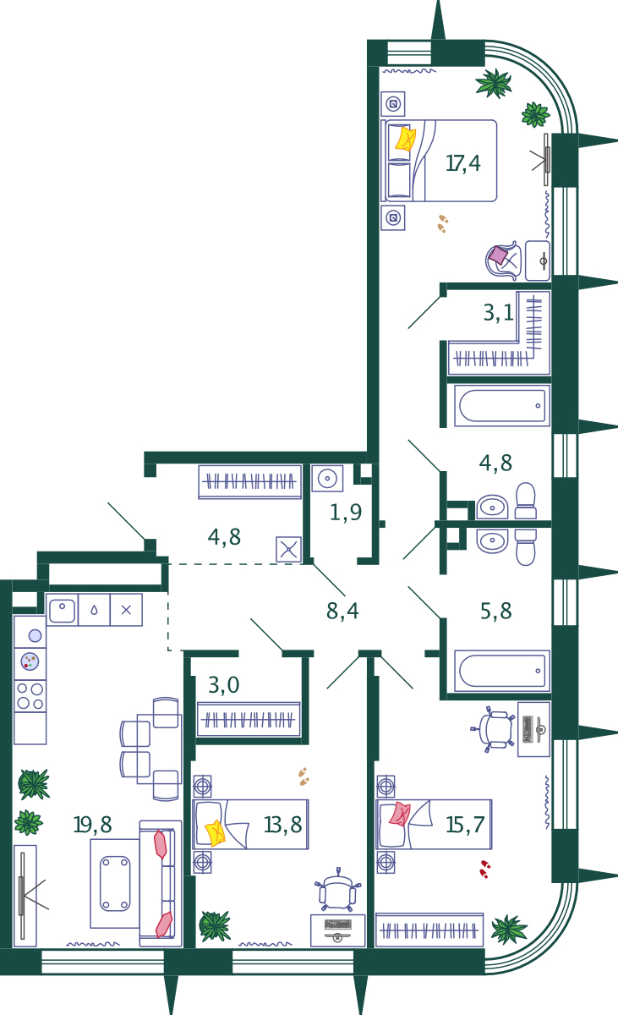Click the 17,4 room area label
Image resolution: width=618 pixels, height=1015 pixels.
[462, 163]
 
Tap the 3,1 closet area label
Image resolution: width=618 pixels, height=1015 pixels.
[499, 313]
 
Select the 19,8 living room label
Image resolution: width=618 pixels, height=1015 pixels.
[92, 825]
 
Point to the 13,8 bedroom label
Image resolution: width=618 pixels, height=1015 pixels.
[283, 825]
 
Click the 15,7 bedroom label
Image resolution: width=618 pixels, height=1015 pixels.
[465, 825]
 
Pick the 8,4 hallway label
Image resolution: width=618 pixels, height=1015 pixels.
[342, 611]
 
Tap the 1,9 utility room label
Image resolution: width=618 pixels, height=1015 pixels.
[346, 513]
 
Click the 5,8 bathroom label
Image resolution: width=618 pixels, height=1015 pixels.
[495, 611]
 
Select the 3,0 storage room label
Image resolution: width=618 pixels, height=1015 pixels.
[224, 684]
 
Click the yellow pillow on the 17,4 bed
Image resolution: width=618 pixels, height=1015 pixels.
[405, 139]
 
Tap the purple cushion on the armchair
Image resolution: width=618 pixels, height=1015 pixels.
[499, 255]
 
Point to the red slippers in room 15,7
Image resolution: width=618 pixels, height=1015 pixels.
[485, 870]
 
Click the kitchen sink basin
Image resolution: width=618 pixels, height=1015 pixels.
[62, 611]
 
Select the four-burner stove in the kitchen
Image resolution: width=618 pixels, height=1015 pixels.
[30, 696]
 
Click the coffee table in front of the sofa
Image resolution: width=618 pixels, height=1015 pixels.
[115, 883]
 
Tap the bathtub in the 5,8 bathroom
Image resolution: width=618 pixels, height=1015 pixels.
[502, 671]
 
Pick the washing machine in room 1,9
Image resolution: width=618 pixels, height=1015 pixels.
[327, 479]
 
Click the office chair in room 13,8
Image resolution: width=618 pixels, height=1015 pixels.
[338, 891]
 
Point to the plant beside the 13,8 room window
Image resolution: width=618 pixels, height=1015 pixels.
[215, 926]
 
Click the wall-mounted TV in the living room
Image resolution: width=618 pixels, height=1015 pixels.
[21, 895]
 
